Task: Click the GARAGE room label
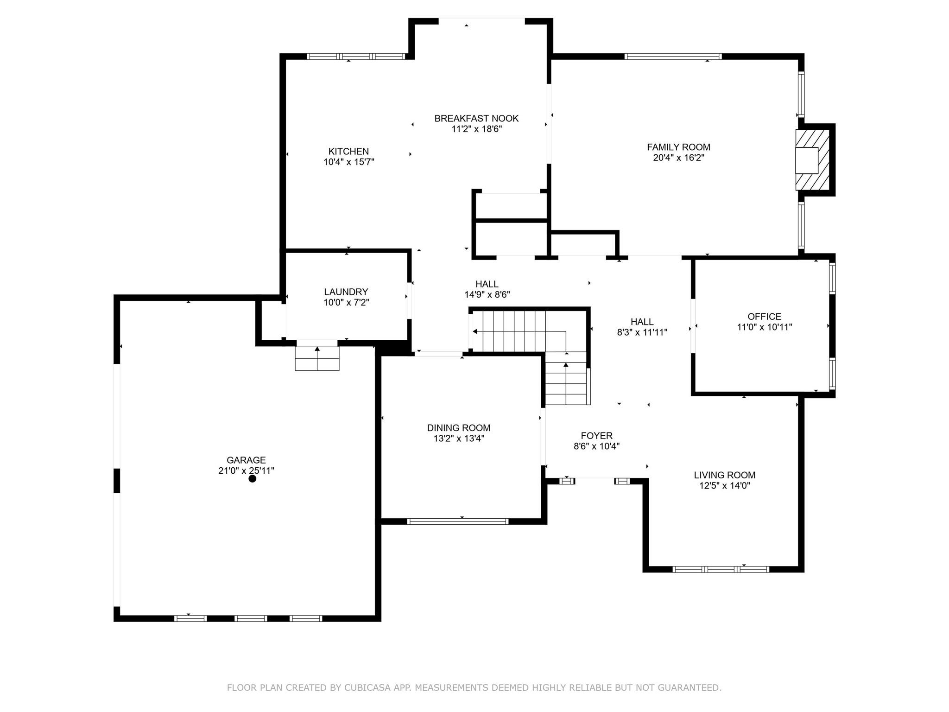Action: tap(246, 460)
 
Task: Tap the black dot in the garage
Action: tap(253, 479)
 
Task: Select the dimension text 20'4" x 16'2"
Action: tap(679, 158)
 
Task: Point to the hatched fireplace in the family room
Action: tap(812, 160)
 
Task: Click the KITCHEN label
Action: tap(348, 151)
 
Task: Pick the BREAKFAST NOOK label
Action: tap(476, 118)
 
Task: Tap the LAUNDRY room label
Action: tap(346, 292)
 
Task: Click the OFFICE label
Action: tap(765, 316)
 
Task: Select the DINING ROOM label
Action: tap(459, 428)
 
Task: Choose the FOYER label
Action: tap(597, 436)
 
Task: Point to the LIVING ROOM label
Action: tap(725, 475)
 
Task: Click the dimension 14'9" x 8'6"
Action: tap(487, 294)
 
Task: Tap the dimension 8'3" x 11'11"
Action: tap(642, 332)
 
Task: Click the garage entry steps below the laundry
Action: tap(317, 358)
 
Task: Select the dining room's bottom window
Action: tap(458, 521)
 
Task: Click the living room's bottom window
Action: tap(721, 569)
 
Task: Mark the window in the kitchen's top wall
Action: tap(356, 57)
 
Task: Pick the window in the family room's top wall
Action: tap(673, 57)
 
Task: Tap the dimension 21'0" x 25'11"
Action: tap(246, 470)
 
